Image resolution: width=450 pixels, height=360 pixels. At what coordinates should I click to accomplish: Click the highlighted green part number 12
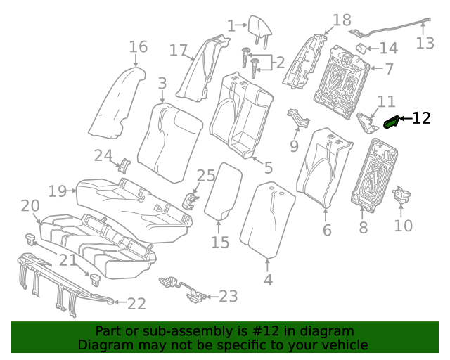point(391,122)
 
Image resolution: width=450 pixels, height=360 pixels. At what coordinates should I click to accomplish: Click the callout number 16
point(138,47)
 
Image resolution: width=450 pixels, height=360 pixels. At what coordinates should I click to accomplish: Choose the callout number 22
point(136,303)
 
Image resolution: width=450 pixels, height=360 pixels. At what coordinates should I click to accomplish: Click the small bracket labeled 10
point(402,196)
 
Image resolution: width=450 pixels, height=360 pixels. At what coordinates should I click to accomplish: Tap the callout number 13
point(425,44)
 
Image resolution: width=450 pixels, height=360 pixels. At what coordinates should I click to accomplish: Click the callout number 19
point(58,191)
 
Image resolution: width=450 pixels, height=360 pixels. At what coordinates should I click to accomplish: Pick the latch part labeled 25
point(191,200)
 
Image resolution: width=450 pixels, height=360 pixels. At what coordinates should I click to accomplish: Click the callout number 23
point(229,296)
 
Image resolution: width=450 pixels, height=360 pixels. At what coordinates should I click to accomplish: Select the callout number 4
point(267,280)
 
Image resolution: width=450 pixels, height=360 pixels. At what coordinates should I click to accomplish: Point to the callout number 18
point(342,20)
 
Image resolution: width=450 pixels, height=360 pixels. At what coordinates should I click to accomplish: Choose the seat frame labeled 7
point(345,77)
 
